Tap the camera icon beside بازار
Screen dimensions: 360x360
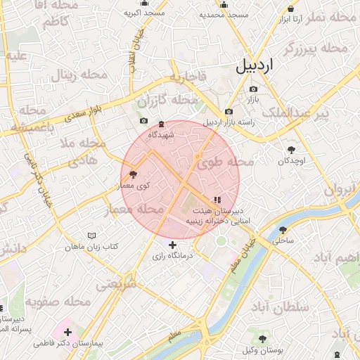tap(253, 89)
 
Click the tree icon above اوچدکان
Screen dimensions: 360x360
tap(291, 149)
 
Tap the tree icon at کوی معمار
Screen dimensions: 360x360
tap(133, 174)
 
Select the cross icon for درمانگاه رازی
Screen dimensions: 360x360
tap(173, 245)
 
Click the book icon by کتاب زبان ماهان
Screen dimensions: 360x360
tap(91, 236)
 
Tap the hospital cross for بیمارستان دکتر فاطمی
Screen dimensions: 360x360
tap(67, 331)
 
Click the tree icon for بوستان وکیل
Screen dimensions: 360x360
tap(262, 339)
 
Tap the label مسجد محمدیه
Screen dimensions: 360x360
tap(224, 13)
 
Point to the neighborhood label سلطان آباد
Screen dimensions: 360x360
tap(279, 307)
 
